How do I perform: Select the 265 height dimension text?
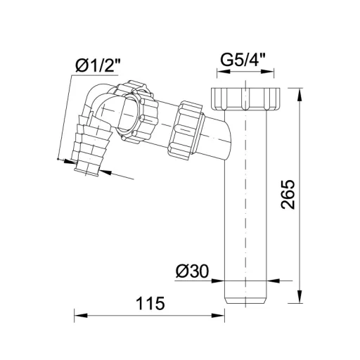pos(288,194)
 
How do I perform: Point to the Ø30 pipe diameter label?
pos(192,271)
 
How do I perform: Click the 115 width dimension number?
pos(150,303)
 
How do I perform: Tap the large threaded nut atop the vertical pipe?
pos(245,98)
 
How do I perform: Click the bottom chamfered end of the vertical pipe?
pos(245,300)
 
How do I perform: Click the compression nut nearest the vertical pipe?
pos(186,130)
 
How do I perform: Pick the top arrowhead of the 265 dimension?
pos(300,94)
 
